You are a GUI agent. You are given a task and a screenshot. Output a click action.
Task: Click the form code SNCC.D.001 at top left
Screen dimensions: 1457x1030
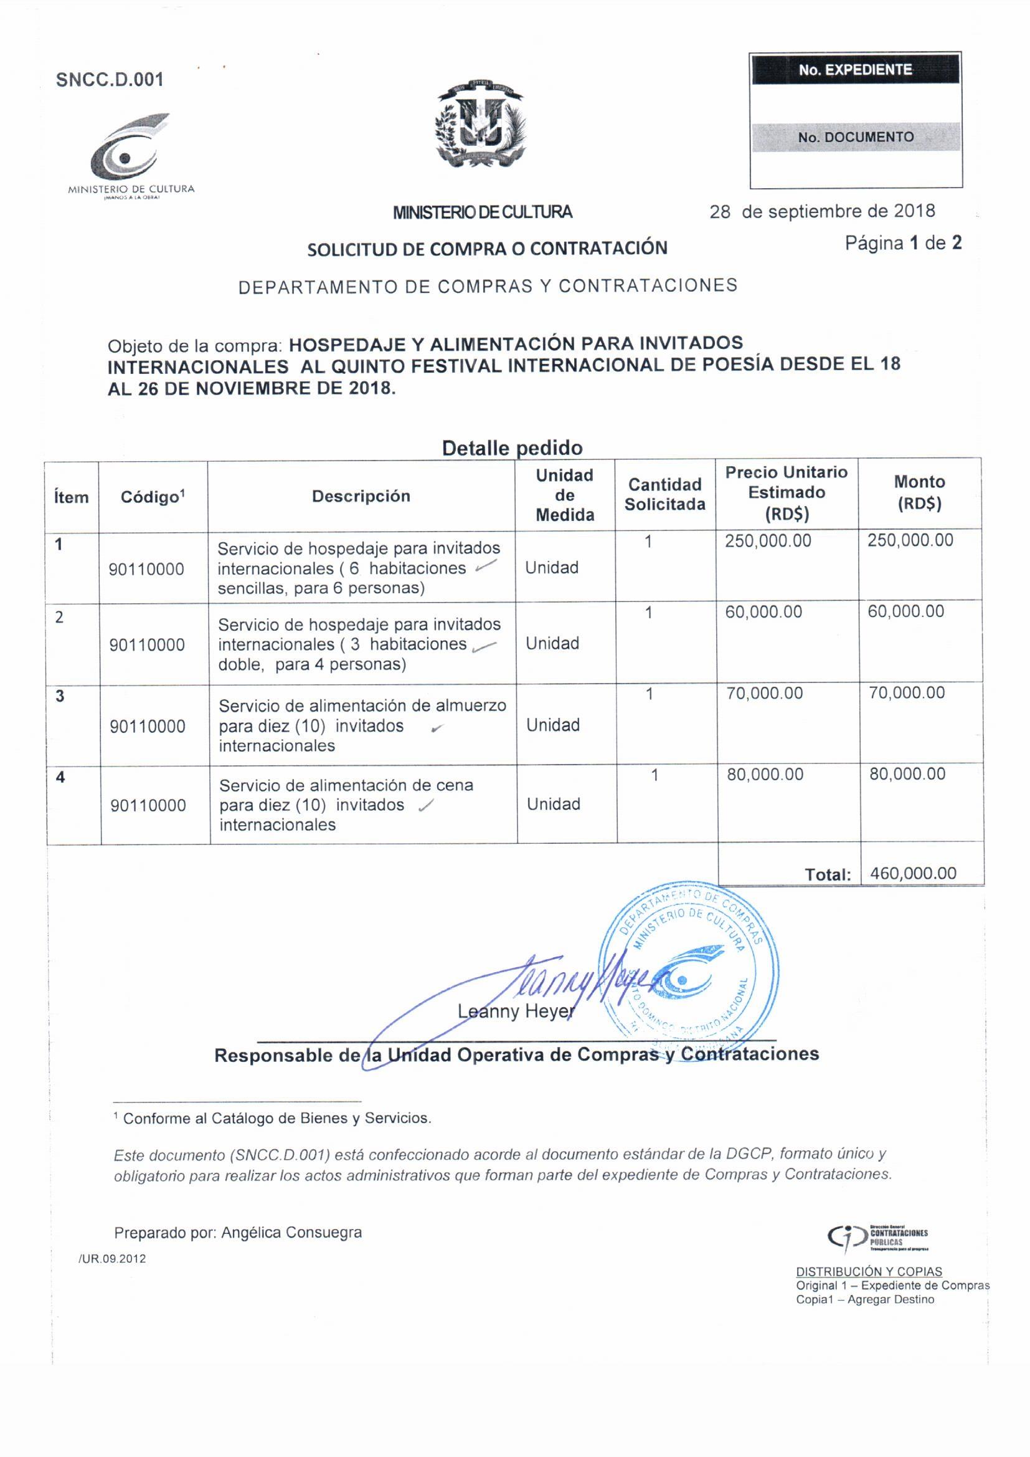110,80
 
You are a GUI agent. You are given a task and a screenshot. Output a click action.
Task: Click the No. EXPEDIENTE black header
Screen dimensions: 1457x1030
855,70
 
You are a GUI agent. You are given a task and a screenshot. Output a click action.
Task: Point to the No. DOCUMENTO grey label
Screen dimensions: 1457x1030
856,137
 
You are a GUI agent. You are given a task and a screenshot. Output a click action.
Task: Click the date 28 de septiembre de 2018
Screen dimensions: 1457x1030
822,211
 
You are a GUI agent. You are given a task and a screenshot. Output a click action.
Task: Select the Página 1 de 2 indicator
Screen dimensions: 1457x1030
902,243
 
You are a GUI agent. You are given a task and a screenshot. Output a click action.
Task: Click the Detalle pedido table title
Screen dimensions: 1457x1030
512,448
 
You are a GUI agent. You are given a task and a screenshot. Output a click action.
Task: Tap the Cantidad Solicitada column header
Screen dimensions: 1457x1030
664,494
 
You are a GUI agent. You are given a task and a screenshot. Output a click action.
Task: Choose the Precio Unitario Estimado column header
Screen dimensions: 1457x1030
787,492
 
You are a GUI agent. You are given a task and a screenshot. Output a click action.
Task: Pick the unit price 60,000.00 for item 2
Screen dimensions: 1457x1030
763,612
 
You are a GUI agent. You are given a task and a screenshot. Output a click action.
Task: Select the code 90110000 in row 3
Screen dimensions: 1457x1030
148,727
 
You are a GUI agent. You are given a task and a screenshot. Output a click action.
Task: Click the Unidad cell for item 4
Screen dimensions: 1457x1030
554,804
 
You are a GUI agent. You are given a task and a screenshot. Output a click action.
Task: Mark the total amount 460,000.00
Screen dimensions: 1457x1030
914,873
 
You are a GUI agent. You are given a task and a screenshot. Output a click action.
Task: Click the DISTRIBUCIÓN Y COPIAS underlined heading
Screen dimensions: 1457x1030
869,1272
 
